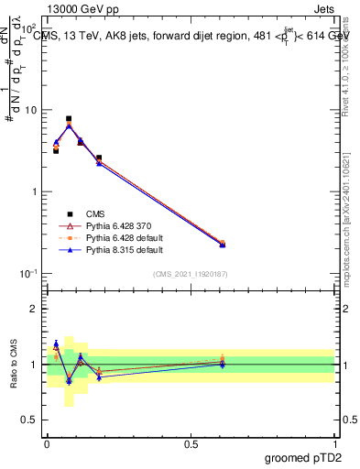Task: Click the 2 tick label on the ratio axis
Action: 38,309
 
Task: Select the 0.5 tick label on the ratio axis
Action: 33,420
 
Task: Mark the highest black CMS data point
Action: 69,118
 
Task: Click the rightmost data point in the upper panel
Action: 223,244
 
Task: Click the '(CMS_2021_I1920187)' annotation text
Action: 191,274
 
